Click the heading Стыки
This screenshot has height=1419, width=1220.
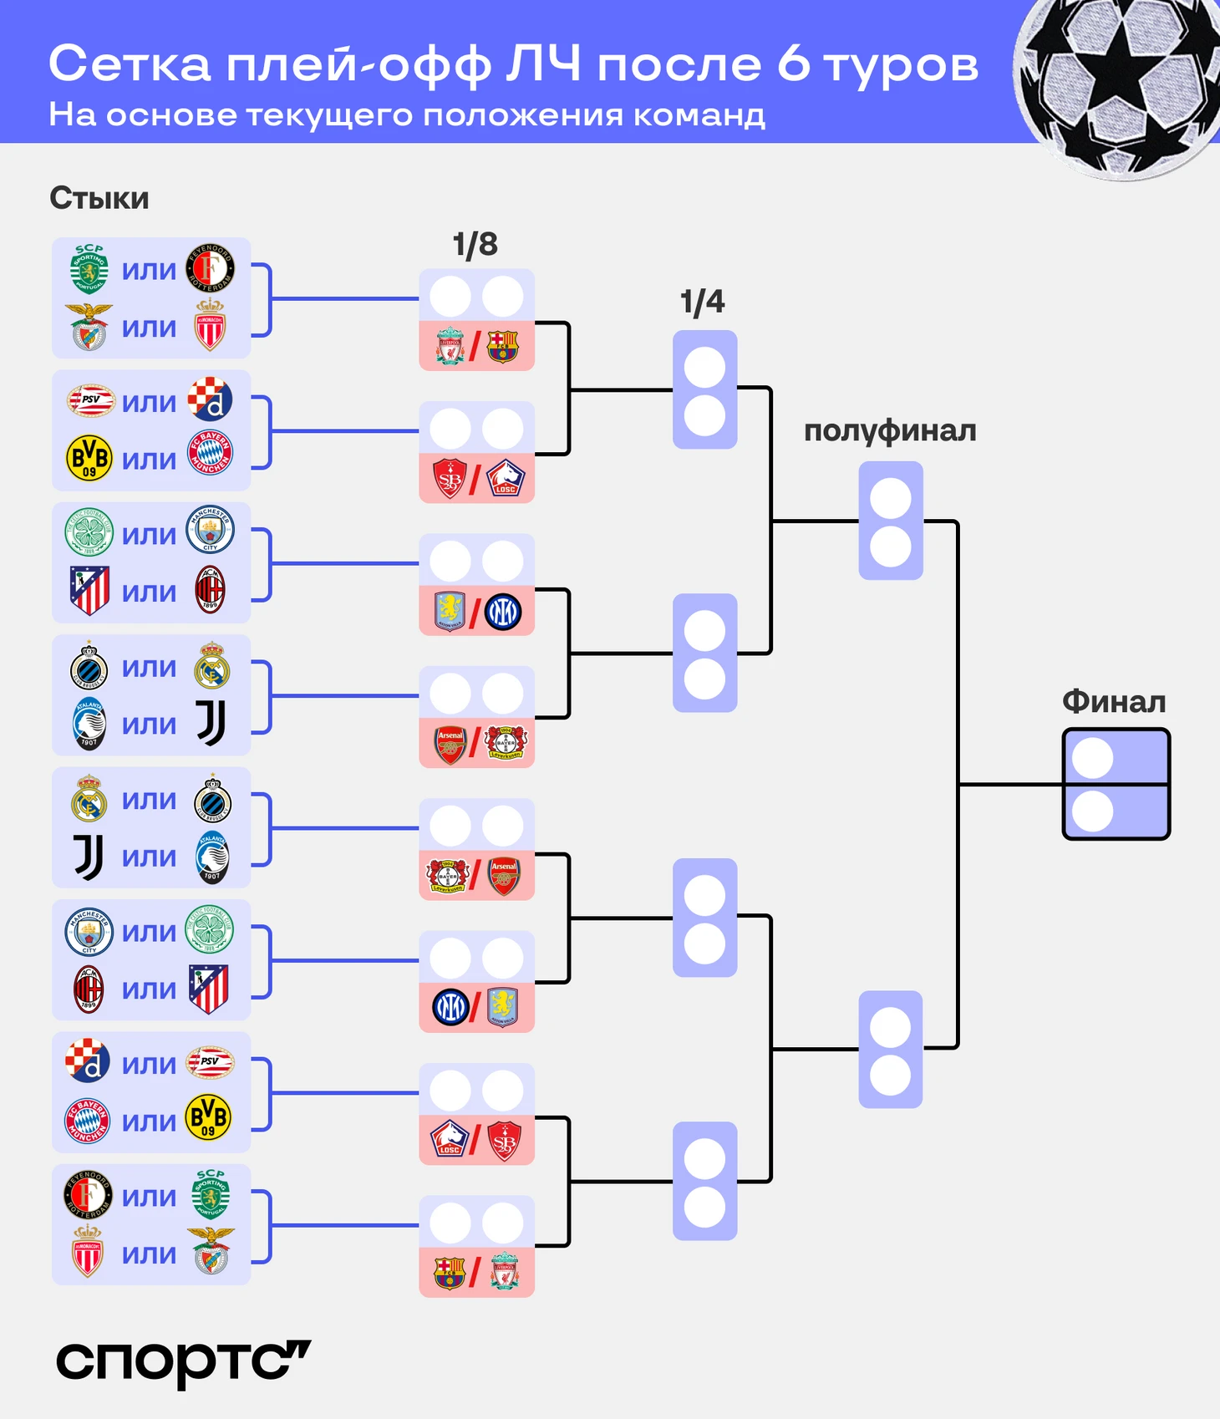(x=99, y=199)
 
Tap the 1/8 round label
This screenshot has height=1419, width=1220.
(x=475, y=245)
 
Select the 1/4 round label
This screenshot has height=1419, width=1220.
(x=702, y=302)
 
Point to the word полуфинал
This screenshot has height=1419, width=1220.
(x=890, y=430)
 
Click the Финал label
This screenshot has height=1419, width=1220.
(x=1114, y=702)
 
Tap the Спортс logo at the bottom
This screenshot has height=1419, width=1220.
(x=183, y=1362)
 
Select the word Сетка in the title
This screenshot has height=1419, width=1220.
(x=130, y=64)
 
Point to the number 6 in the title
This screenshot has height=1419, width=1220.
(x=793, y=64)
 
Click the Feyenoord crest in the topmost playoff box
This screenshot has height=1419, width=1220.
(x=210, y=268)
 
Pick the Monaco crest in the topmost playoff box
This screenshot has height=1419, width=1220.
(x=210, y=326)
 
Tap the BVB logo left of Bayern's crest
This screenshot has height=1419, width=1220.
(x=89, y=458)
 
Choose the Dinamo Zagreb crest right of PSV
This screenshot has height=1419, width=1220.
(x=210, y=399)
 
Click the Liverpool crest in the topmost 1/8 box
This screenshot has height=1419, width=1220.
(x=450, y=346)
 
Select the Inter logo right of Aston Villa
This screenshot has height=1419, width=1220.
(x=503, y=612)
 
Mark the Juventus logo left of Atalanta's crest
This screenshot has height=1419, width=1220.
(x=89, y=857)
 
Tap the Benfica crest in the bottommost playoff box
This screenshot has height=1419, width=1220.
(x=210, y=1251)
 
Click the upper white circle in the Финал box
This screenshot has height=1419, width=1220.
(x=1092, y=758)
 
